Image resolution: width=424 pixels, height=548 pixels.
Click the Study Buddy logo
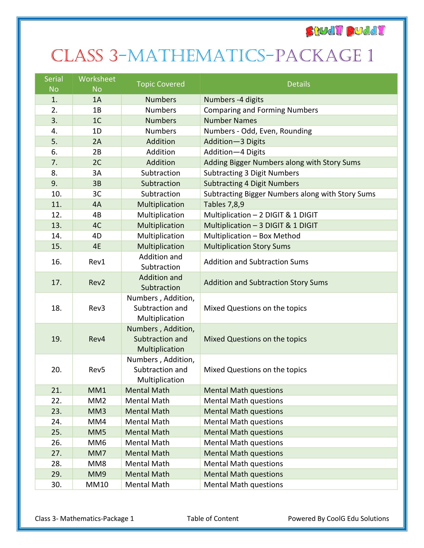point(345,31)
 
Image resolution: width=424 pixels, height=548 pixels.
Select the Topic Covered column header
point(161,84)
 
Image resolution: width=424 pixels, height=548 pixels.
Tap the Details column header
point(298,84)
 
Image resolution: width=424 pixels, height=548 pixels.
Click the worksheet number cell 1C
point(97,121)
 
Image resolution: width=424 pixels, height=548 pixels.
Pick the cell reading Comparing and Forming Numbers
point(261,110)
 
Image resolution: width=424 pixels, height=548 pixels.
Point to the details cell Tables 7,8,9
point(224,204)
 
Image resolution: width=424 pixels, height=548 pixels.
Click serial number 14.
point(56,236)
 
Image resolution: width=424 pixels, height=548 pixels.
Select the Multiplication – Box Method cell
point(252,236)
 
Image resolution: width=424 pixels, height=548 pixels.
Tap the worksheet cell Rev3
point(97,308)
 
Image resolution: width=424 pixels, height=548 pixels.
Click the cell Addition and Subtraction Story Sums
point(266,282)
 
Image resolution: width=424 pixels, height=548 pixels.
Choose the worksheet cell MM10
point(97,484)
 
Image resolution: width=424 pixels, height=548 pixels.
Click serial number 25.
point(56,432)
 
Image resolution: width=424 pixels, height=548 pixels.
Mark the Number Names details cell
point(230,121)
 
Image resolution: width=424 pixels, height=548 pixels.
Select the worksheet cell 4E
point(97,246)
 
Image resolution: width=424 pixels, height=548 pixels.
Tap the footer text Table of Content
point(212,518)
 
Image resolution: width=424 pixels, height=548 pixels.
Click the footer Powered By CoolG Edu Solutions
point(338,518)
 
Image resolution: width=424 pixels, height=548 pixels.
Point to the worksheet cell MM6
point(97,442)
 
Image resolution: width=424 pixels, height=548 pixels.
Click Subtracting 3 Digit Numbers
point(251,173)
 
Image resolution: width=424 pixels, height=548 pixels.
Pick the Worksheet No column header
point(97,84)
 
